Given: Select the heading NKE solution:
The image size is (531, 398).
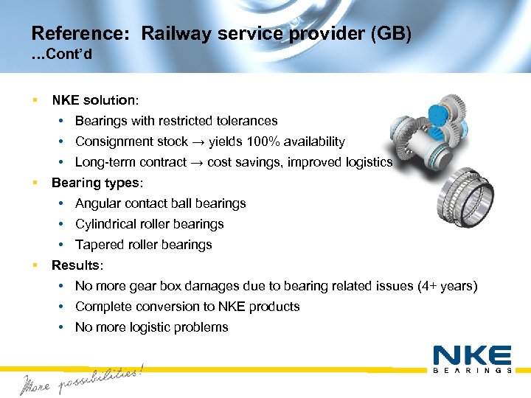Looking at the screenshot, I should tap(95, 99).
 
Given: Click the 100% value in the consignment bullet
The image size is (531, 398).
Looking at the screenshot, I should tap(262, 142).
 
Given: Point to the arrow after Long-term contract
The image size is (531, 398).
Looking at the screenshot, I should tap(197, 162).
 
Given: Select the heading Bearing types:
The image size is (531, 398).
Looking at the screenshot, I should tap(95, 183).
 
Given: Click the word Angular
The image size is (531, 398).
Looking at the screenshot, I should tap(99, 203).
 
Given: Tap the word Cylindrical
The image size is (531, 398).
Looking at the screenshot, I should tap(105, 224).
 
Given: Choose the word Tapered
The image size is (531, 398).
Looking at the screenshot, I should tap(99, 245).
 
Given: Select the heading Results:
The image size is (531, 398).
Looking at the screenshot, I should tap(76, 265).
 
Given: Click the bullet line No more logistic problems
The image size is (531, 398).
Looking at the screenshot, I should tap(151, 327).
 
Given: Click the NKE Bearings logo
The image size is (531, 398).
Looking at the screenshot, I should tap(472, 359).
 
